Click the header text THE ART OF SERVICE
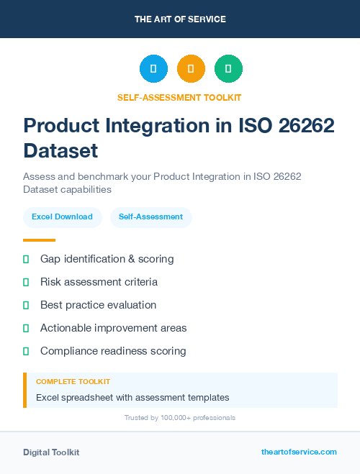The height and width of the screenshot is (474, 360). [x=180, y=19]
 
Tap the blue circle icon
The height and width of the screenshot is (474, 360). [x=153, y=69]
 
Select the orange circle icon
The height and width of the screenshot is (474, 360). [x=191, y=69]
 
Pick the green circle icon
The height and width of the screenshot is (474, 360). [x=228, y=69]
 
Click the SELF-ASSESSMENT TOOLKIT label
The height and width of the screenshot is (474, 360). [x=179, y=97]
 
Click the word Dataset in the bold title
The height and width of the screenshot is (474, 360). [x=60, y=151]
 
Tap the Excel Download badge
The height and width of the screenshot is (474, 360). [x=62, y=217]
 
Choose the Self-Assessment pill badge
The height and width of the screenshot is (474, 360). [x=150, y=217]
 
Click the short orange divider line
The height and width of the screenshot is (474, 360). [x=39, y=240]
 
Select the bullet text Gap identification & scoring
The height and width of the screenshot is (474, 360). [x=107, y=258]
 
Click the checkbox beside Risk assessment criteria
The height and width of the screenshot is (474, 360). [x=26, y=282]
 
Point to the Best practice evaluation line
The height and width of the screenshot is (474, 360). [x=98, y=305]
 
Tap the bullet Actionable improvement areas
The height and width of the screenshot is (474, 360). [x=113, y=328]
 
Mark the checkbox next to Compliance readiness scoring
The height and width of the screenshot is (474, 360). [x=26, y=351]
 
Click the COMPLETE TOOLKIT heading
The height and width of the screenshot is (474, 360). [x=73, y=382]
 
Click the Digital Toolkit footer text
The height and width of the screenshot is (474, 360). [x=51, y=452]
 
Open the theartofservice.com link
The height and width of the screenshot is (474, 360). [x=299, y=452]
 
